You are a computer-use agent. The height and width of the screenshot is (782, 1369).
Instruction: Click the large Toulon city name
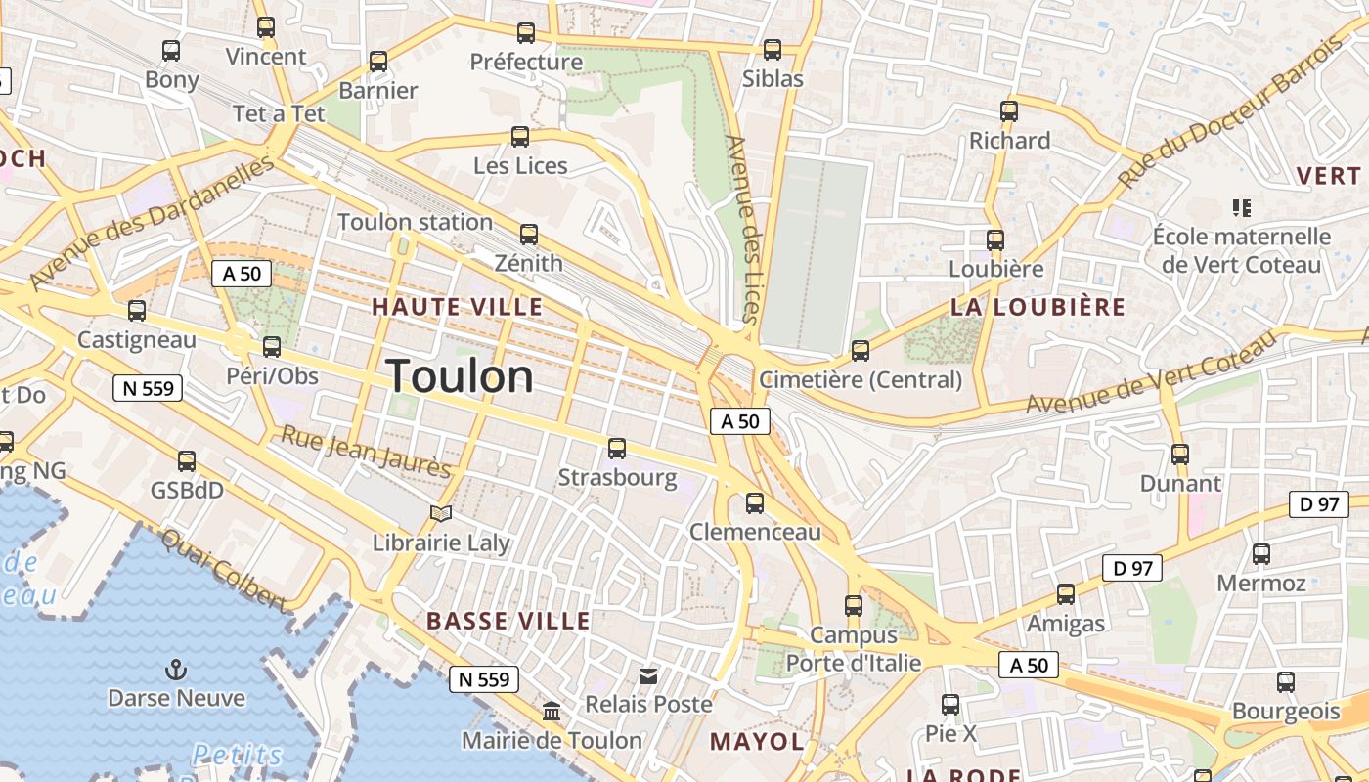(460, 376)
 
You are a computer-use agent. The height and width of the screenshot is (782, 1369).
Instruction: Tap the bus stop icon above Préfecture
(526, 33)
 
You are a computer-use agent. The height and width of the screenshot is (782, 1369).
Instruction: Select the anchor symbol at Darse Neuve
(176, 670)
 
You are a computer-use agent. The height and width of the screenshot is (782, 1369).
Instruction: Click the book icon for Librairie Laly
(441, 513)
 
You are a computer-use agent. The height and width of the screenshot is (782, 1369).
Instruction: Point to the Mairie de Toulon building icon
(552, 711)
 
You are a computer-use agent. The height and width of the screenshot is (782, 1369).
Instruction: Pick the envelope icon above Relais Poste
(648, 675)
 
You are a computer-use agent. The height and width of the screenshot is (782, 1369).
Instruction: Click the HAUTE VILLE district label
(457, 307)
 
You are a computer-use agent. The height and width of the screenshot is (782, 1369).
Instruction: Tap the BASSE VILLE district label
(508, 621)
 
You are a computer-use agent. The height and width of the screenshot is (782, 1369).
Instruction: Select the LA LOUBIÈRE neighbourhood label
(1038, 307)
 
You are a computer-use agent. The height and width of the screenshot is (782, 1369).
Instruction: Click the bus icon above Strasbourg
(617, 449)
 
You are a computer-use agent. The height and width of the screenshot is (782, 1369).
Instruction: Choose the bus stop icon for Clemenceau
(755, 503)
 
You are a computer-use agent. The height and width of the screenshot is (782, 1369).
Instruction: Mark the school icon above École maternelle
(1242, 207)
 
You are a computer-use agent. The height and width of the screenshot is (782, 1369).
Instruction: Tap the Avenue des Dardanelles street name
(152, 223)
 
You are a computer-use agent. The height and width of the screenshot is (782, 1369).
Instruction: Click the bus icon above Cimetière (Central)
(861, 350)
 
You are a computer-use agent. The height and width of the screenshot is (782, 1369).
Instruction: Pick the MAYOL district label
(757, 742)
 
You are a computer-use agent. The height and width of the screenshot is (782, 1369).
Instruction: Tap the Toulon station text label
(415, 222)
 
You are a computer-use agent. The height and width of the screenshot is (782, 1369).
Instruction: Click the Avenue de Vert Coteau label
(1150, 372)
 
